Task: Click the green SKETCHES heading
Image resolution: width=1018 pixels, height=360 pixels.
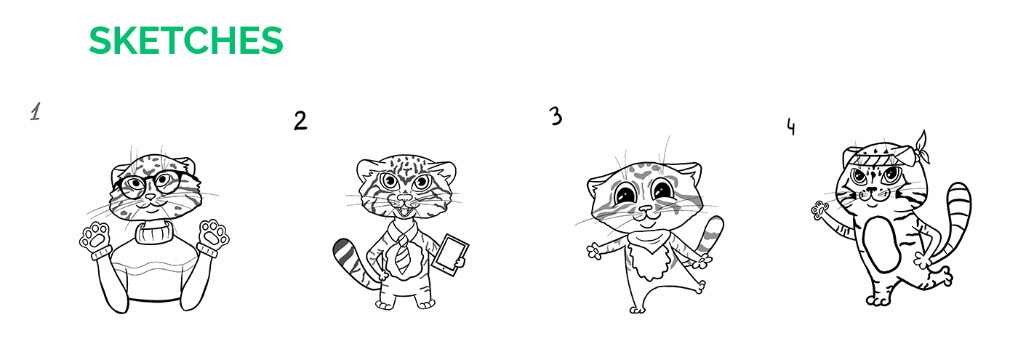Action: [x=186, y=41]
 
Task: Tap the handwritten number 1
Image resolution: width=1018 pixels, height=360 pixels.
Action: [x=36, y=111]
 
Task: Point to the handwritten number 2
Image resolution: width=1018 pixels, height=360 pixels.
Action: [x=300, y=121]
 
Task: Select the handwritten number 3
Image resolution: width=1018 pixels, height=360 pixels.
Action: [x=556, y=116]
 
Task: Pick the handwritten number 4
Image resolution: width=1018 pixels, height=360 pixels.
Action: [x=791, y=127]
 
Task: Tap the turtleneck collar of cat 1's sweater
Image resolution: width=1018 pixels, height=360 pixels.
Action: [x=154, y=232]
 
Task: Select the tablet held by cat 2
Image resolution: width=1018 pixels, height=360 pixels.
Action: [x=451, y=255]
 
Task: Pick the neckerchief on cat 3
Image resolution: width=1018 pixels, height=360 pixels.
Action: [x=649, y=241]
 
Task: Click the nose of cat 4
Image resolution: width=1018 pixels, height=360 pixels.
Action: [x=871, y=189]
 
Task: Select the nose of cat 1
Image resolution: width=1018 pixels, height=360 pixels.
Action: [x=150, y=197]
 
